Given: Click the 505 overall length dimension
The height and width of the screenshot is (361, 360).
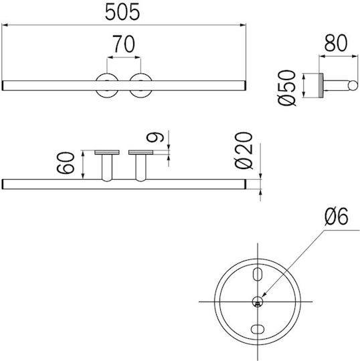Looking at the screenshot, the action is [122, 12].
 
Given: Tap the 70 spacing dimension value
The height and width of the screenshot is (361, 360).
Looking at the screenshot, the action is [124, 43].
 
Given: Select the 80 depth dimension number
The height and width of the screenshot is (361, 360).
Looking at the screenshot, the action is [336, 43].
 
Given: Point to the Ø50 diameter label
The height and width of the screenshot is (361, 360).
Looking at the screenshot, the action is [286, 88].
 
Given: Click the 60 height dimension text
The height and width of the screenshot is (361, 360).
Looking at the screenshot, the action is [66, 162].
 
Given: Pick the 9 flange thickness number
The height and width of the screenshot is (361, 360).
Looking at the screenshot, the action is [155, 137].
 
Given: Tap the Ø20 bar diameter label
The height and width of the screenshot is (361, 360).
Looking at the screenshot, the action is [244, 150].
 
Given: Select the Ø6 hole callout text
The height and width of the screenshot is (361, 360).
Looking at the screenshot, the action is [337, 216].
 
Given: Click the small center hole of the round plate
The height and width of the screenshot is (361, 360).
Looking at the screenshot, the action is [258, 302].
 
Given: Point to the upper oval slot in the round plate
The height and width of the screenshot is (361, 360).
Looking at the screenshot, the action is [258, 274].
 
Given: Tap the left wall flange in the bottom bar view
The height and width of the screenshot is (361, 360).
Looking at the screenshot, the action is [107, 152].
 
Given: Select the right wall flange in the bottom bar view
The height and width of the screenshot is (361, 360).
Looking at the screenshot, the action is [141, 152].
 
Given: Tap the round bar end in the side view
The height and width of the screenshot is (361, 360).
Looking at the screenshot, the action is [353, 86].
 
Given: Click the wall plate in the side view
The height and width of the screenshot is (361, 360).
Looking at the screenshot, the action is [321, 86].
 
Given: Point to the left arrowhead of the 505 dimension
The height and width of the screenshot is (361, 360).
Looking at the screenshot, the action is [5, 25].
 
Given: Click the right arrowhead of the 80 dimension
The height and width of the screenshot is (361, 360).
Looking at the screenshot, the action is [355, 56].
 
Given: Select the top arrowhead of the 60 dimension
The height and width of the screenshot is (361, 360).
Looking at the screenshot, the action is [83, 154].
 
